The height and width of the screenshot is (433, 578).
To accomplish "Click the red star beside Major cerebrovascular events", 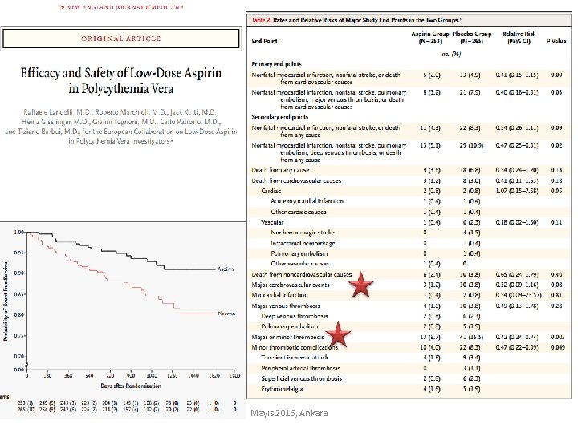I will [x=363, y=285].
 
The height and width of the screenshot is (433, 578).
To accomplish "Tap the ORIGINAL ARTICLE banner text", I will [x=121, y=38].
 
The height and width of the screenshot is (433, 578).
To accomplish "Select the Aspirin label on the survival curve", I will [x=225, y=270].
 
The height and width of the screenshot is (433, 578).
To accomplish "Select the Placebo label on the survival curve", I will [x=226, y=315].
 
